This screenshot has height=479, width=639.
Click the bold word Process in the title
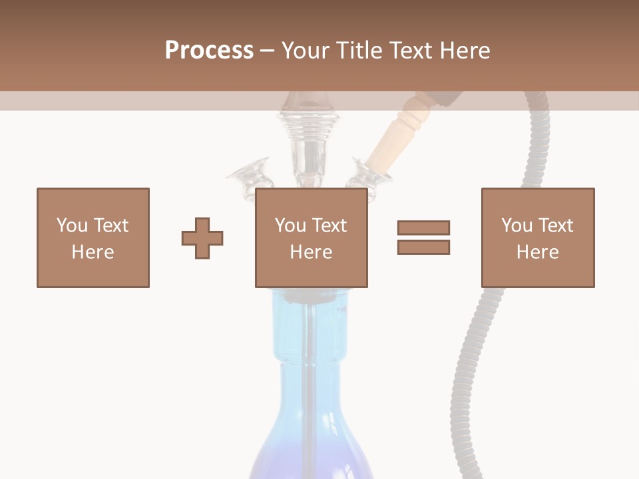click(209, 51)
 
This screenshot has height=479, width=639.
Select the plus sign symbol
click(202, 238)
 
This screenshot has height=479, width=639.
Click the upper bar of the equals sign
click(423, 228)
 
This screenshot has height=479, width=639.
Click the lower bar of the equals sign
click(423, 247)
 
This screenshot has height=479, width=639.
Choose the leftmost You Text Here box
click(93, 238)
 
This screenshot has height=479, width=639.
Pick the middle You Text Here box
click(311, 238)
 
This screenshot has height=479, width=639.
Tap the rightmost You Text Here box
click(538, 238)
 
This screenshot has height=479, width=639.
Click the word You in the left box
click(71, 226)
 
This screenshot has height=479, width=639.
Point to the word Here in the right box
click(538, 252)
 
